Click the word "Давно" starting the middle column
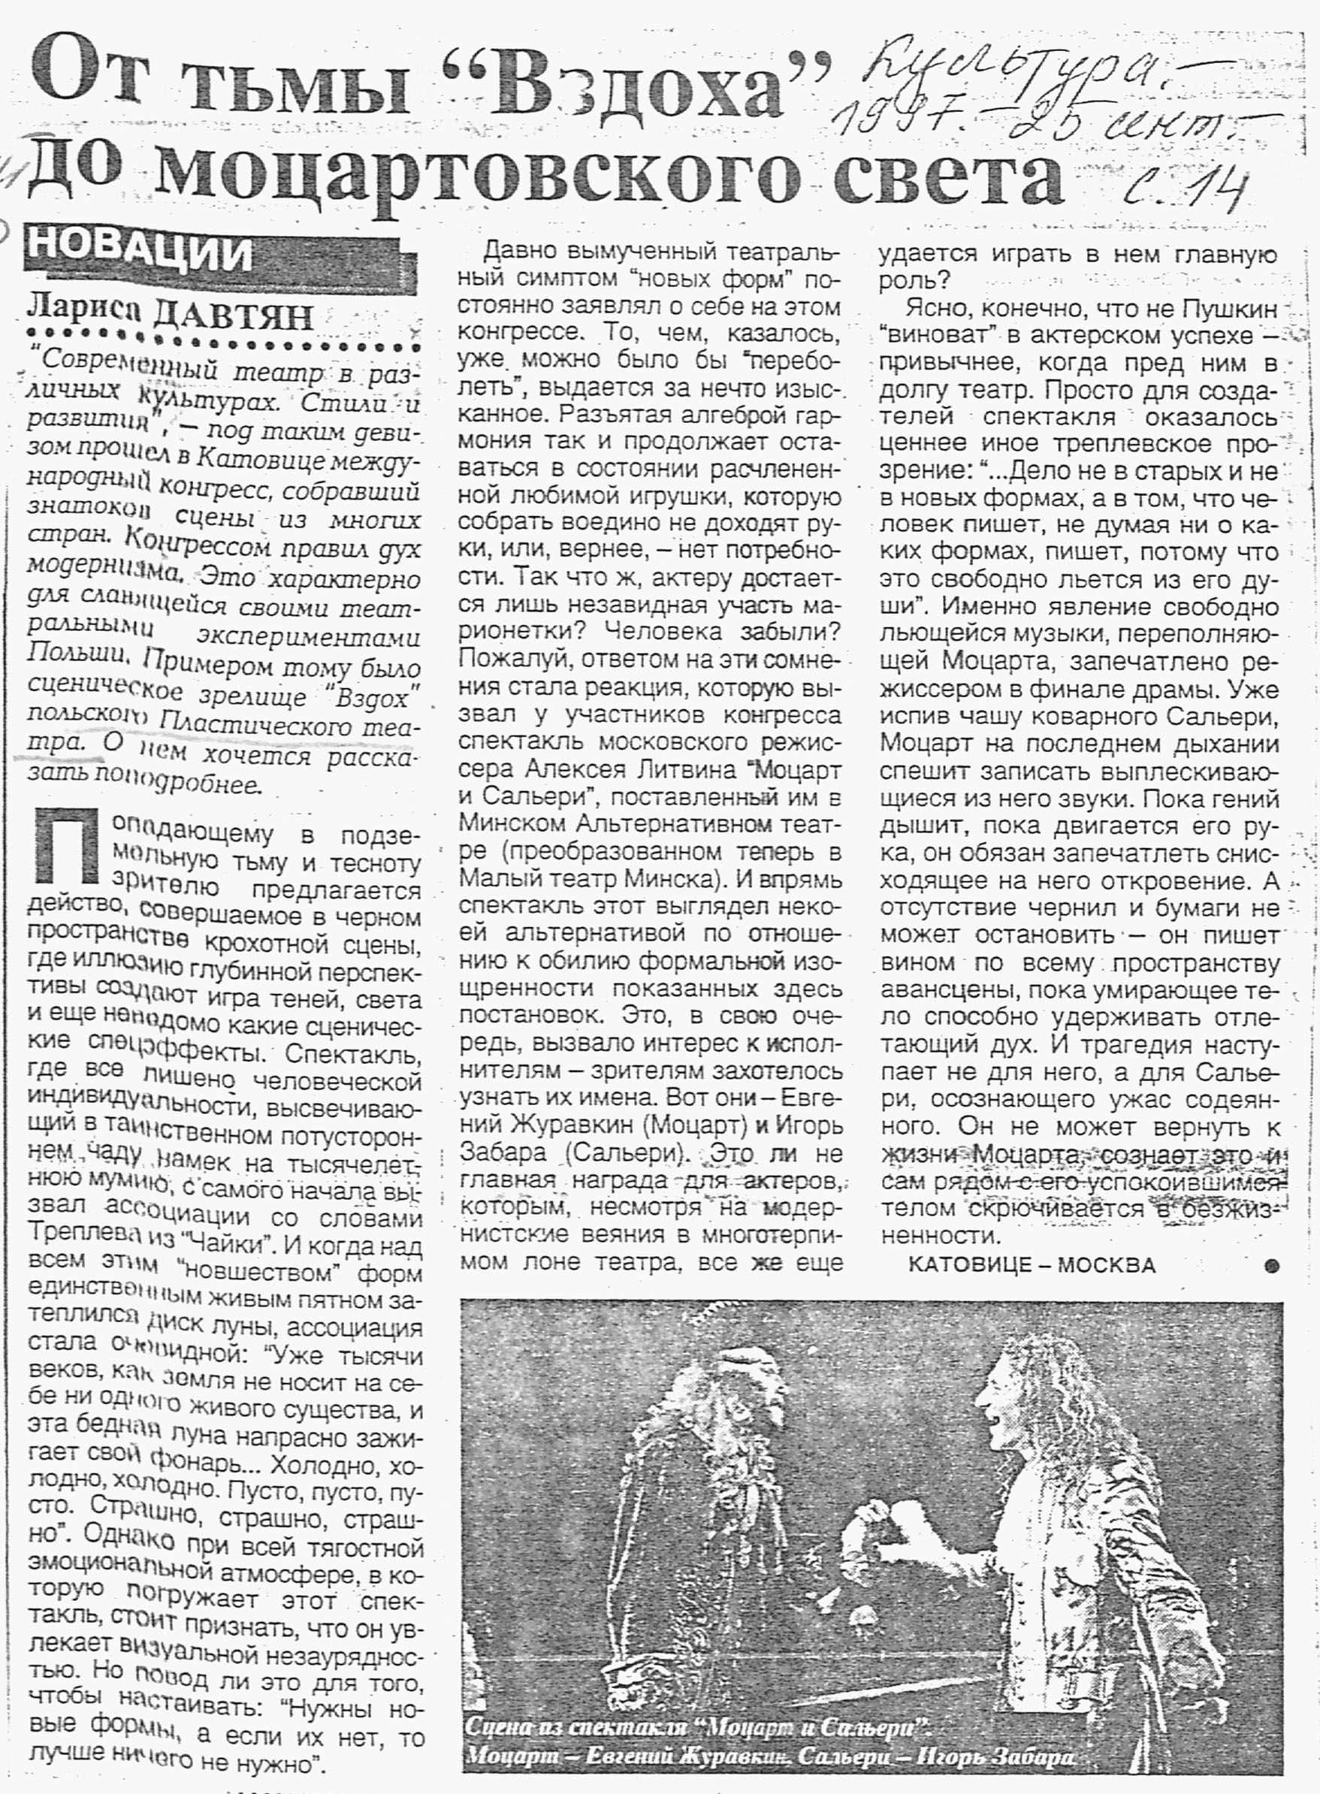[520, 251]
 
